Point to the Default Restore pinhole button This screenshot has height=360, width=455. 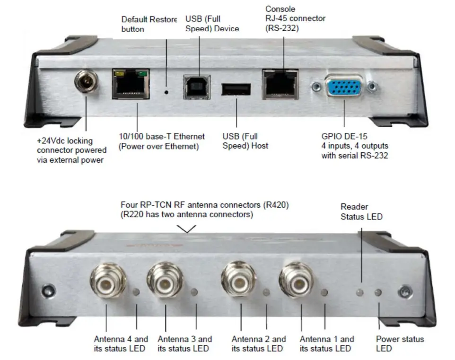(166, 88)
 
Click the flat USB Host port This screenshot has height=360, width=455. (235, 90)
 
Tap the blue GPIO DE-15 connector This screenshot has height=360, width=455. (343, 87)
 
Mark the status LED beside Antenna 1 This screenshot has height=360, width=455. (325, 292)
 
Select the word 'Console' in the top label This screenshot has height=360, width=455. (280, 9)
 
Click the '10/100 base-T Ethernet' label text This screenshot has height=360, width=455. (162, 137)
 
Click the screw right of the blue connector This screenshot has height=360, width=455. (373, 87)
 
